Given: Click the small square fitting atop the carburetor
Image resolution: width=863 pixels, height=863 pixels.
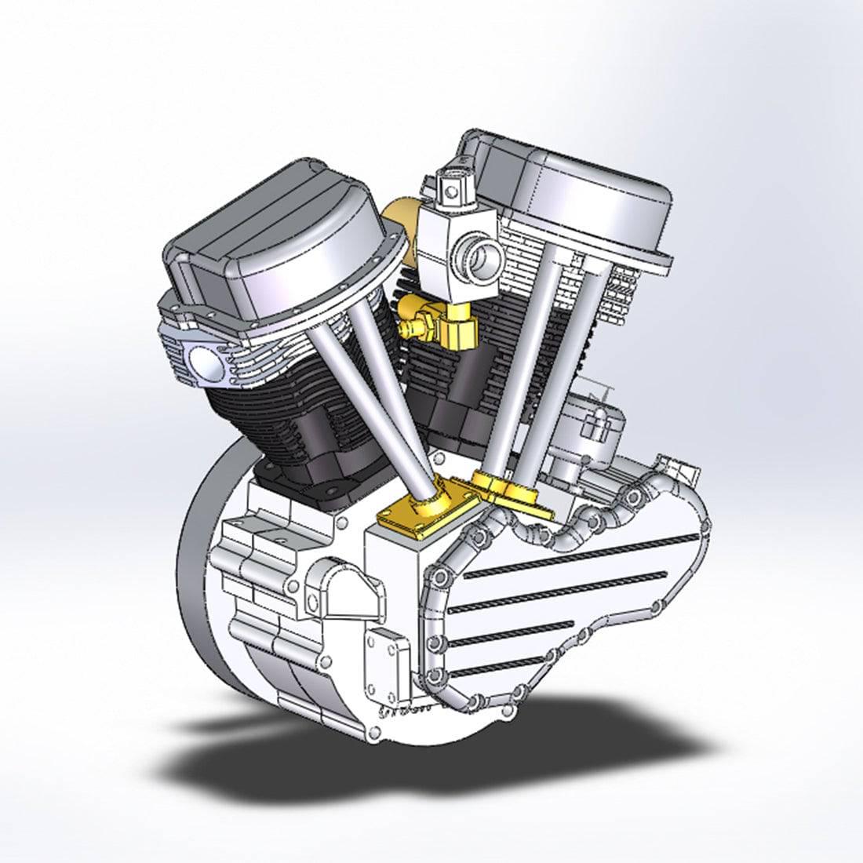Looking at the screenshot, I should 453,188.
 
